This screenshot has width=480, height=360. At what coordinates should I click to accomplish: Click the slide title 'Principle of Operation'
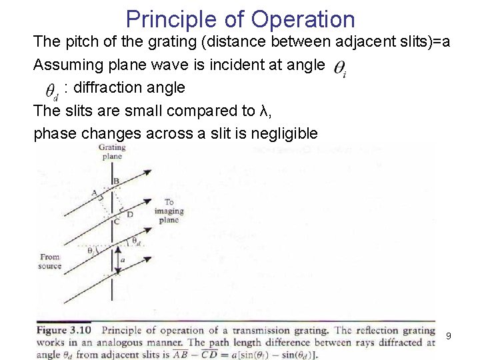(239, 18)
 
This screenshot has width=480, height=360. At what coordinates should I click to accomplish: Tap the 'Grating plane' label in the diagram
(111, 151)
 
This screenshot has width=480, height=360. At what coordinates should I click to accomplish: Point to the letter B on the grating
(117, 181)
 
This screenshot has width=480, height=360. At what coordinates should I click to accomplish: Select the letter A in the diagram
(95, 193)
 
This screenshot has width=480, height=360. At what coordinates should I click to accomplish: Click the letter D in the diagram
(131, 214)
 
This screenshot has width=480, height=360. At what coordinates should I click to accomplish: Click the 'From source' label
(51, 261)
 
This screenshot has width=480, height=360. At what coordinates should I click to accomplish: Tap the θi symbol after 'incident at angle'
(339, 68)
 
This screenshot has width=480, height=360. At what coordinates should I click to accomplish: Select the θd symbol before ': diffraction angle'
(51, 91)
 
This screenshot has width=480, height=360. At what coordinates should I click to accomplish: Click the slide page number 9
(448, 336)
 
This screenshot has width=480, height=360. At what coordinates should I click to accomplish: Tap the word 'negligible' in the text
(285, 133)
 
